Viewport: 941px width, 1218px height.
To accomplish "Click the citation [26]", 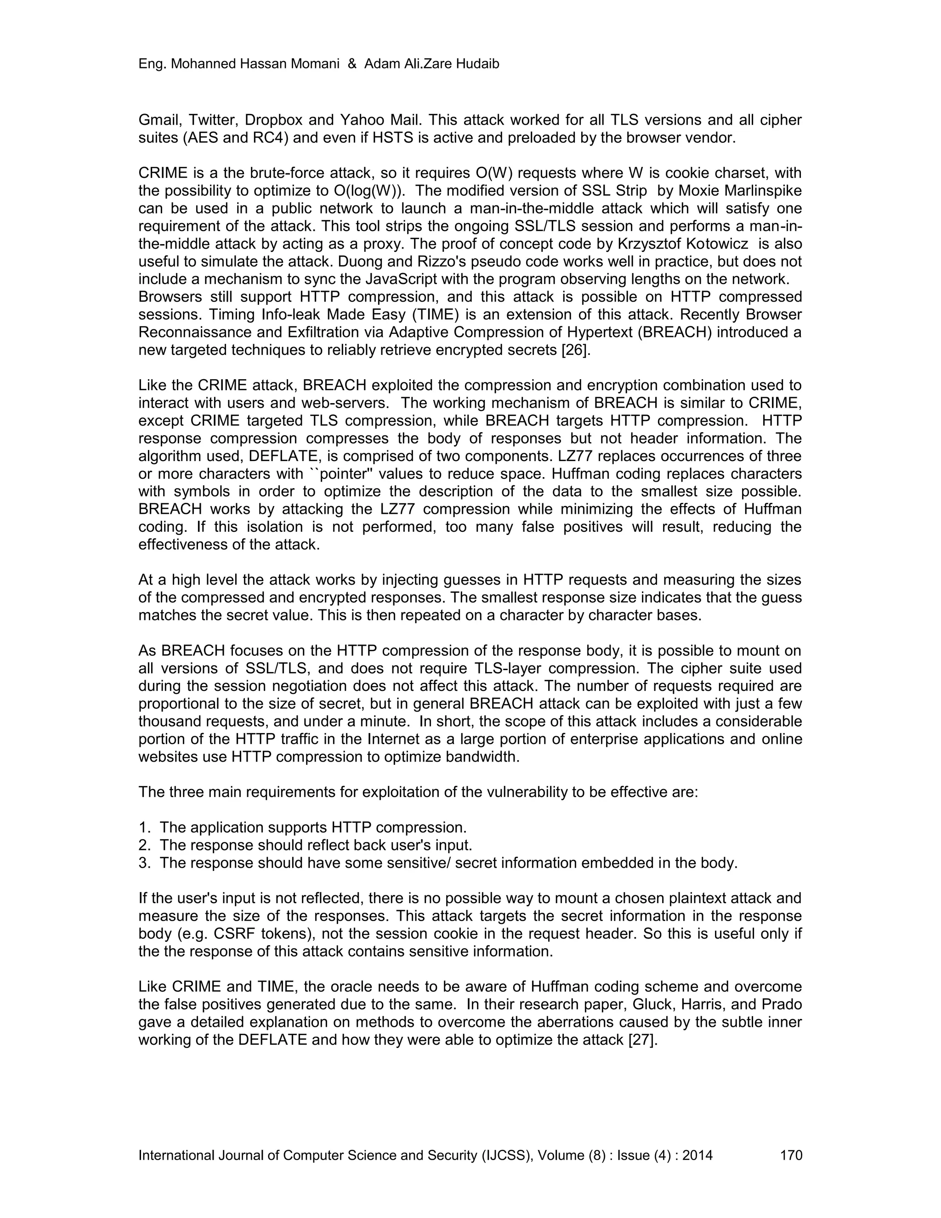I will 575,350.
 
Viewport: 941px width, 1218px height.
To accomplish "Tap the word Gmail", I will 159,120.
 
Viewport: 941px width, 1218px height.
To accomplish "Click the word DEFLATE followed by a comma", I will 285,456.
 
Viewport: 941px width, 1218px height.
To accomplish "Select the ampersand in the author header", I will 352,64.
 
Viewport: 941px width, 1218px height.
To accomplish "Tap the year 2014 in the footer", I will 697,1155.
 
